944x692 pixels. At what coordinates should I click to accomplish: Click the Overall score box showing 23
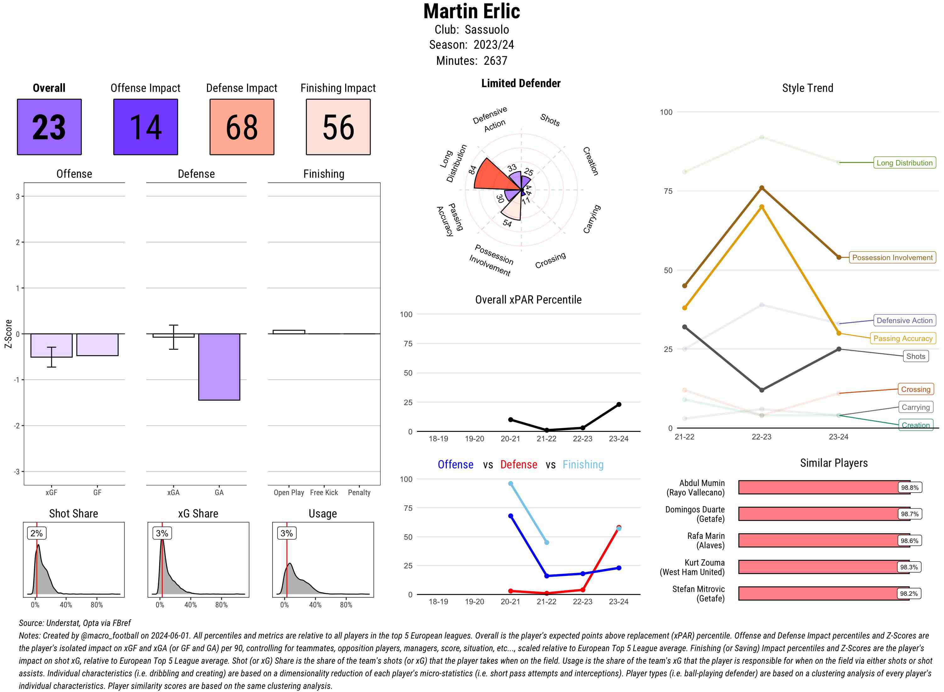pos(49,127)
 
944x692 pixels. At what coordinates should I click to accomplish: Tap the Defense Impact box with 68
pos(242,127)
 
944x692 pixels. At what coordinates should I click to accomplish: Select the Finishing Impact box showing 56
pos(338,127)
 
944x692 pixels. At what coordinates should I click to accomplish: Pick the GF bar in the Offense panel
pos(97,345)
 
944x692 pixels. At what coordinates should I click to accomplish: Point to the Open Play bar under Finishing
pos(289,332)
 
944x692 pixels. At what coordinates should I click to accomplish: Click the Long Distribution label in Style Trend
pos(904,163)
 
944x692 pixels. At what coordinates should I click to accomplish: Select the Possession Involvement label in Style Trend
pos(892,258)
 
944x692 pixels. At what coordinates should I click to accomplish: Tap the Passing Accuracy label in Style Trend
pos(902,338)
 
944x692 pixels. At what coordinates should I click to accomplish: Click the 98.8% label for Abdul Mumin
pos(910,488)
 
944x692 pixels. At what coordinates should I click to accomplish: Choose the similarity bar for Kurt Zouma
pos(823,567)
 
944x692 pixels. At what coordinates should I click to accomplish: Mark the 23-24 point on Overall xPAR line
pos(618,405)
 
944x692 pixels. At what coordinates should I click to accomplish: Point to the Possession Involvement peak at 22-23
pos(761,188)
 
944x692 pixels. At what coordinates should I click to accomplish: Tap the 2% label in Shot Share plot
pos(37,533)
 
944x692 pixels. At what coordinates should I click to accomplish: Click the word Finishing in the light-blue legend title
pos(583,465)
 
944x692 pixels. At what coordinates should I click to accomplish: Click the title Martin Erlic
pos(471,11)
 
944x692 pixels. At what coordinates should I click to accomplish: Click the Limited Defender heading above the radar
pos(520,83)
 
